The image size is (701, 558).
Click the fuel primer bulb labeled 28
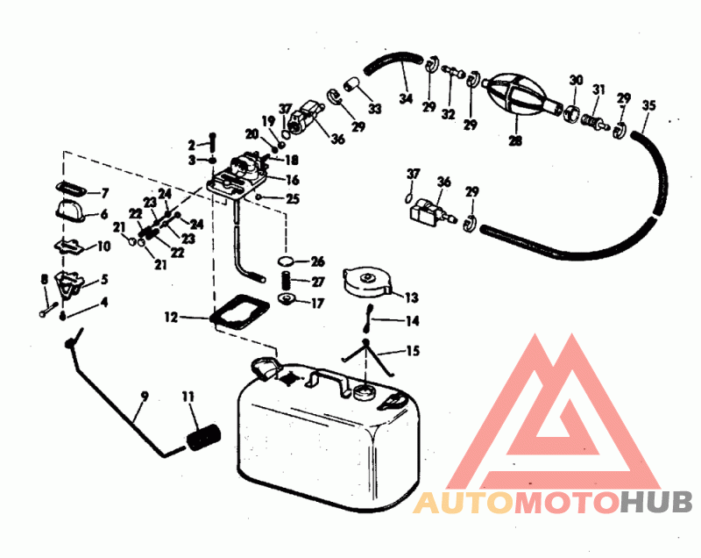(x=518, y=97)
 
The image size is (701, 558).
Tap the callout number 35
(x=648, y=105)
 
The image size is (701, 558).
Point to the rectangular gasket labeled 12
(x=240, y=311)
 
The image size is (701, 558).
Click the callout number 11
(x=188, y=397)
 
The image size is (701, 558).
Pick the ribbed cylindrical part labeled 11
(x=203, y=437)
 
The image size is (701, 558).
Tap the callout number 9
(x=144, y=396)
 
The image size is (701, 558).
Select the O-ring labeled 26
(x=287, y=261)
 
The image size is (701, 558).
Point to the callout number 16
(x=292, y=180)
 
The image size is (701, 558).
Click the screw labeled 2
(x=212, y=143)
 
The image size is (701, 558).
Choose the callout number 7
(x=105, y=193)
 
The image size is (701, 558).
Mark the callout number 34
(x=406, y=98)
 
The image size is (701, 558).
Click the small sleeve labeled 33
(x=351, y=83)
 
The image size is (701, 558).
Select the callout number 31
(x=598, y=89)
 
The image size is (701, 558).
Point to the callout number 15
(x=413, y=351)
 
